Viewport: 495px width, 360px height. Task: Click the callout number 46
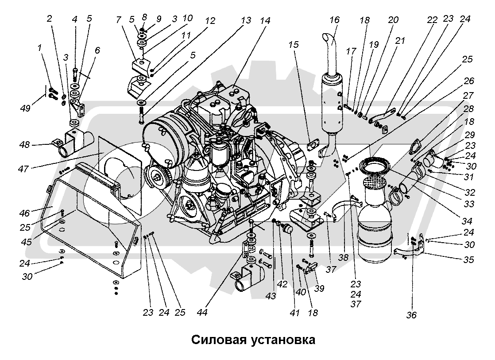click(24, 213)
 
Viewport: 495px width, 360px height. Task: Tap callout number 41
click(296, 313)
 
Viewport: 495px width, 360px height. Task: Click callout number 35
click(469, 259)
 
